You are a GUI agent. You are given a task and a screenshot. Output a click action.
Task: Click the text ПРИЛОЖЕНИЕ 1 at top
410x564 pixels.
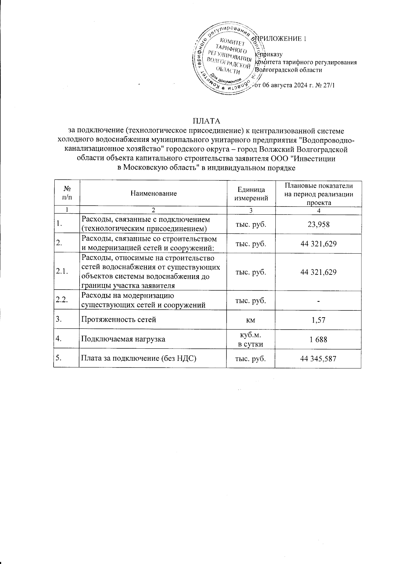point(281,39)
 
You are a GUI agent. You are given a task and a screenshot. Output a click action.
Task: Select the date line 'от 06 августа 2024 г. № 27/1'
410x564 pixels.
point(295,85)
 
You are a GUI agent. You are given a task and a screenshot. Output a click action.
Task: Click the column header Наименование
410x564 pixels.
point(153,193)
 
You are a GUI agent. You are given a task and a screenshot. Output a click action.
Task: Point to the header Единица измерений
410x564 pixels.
point(251,193)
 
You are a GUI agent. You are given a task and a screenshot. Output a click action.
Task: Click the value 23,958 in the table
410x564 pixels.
point(318,224)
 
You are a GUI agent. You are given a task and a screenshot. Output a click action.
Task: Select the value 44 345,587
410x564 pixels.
point(318,359)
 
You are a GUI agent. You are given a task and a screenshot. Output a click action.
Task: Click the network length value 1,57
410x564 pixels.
point(318,320)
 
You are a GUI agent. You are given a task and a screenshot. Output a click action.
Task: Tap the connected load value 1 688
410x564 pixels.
point(318,339)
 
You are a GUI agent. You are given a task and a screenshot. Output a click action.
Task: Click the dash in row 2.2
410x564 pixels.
point(318,301)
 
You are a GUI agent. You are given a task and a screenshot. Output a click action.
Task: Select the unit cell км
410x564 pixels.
point(251,320)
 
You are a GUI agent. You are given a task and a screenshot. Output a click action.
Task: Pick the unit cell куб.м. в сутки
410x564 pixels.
point(251,339)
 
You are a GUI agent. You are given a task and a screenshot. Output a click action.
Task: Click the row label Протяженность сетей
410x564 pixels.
point(118,320)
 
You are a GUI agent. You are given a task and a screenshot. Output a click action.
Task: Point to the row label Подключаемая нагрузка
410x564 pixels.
point(123,339)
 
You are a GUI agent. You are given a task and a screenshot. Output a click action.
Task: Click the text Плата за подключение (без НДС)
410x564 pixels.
point(138,359)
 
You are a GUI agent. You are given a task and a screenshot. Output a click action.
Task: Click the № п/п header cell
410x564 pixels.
point(67,193)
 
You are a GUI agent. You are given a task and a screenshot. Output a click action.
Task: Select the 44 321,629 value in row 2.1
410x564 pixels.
point(318,272)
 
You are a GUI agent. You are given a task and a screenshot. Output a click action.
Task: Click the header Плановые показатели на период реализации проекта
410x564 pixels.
point(318,193)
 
